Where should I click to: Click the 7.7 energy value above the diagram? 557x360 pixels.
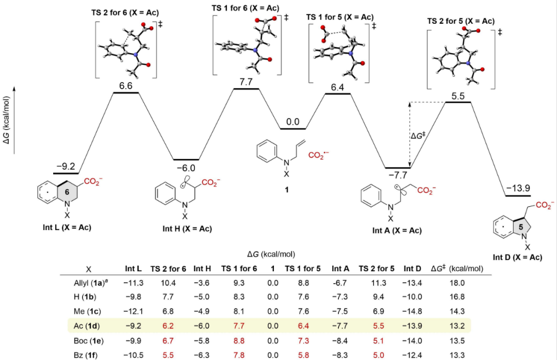click(x=246, y=82)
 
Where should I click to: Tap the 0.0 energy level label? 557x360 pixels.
click(x=293, y=122)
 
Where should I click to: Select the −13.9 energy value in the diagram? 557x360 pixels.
click(x=518, y=188)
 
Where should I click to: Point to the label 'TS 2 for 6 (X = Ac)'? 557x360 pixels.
click(x=125, y=13)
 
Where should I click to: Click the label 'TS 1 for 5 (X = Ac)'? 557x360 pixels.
click(x=340, y=17)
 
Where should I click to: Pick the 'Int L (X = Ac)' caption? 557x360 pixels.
click(x=67, y=227)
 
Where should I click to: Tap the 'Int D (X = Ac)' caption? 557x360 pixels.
click(x=518, y=257)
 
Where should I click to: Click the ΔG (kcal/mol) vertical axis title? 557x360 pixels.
click(x=6, y=120)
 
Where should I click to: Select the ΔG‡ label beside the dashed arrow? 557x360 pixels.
click(x=418, y=136)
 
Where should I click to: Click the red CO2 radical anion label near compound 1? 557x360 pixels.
click(x=319, y=155)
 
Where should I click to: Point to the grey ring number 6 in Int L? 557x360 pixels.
click(x=67, y=192)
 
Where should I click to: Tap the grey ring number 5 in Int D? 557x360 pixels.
click(x=521, y=227)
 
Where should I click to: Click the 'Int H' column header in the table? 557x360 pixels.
click(x=202, y=269)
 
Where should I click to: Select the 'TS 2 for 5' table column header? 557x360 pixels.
click(x=376, y=269)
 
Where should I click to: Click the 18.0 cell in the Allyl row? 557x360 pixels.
click(x=457, y=283)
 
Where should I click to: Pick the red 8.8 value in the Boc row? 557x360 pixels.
click(x=239, y=341)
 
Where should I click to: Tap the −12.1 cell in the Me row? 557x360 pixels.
click(x=133, y=312)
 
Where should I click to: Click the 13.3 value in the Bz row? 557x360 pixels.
click(x=457, y=355)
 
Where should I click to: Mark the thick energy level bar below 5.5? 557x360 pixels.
click(x=458, y=102)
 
